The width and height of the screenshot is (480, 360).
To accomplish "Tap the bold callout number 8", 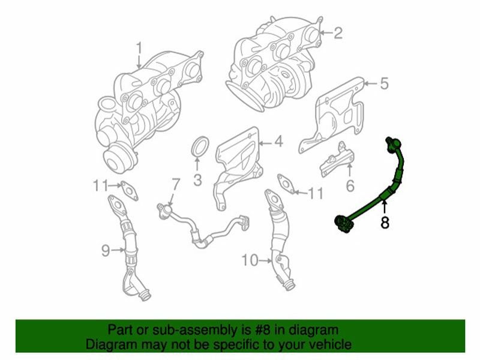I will (385, 223).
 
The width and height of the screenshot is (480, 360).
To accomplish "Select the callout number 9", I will (106, 250).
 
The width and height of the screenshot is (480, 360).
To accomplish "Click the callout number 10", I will (249, 260).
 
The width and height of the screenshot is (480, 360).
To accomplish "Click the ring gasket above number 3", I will (200, 148).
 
